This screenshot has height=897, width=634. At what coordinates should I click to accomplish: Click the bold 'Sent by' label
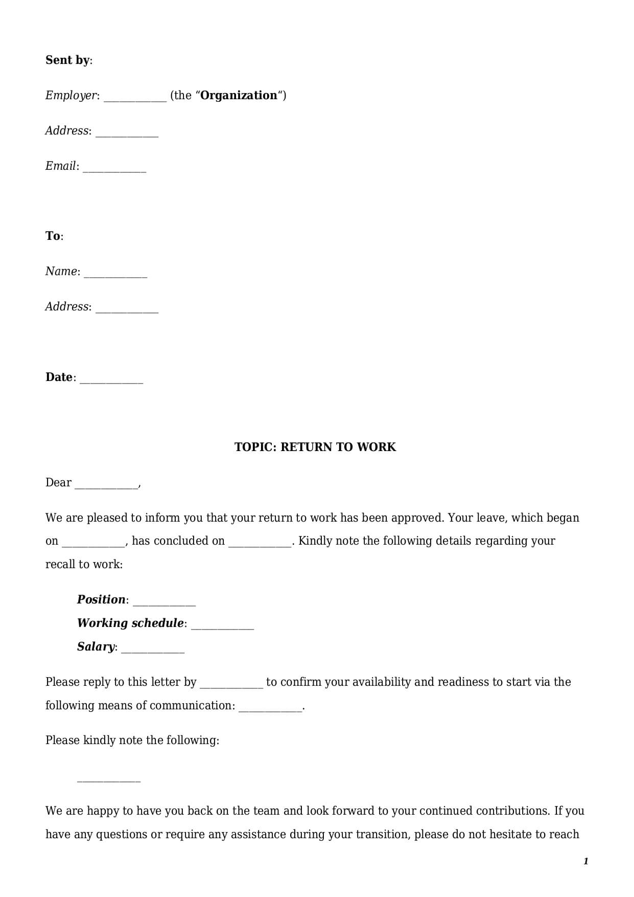click(67, 60)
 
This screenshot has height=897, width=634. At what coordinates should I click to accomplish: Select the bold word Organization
click(239, 96)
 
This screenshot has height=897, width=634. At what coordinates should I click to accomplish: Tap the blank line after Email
click(114, 169)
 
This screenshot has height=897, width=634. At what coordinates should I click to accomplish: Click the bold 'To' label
click(53, 236)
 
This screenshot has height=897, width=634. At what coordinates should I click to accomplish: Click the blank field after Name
click(115, 274)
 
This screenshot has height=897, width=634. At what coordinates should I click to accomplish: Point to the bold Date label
click(59, 377)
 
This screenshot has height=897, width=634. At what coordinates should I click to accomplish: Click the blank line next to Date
click(111, 380)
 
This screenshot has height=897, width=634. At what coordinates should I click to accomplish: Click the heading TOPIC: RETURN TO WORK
click(315, 447)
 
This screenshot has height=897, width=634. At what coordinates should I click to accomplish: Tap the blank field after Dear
click(106, 485)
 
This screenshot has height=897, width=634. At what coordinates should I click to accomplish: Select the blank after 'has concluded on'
click(260, 544)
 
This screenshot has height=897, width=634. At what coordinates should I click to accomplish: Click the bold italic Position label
click(101, 600)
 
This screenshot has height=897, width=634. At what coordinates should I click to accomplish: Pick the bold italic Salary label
click(96, 647)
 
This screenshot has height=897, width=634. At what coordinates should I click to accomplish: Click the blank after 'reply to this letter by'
click(231, 685)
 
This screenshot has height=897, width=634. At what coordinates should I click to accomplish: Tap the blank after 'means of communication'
click(271, 708)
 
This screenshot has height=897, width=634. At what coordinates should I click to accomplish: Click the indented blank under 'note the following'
click(108, 779)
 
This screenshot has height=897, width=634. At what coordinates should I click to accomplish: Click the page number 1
click(586, 862)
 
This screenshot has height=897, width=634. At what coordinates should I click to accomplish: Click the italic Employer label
click(71, 96)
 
